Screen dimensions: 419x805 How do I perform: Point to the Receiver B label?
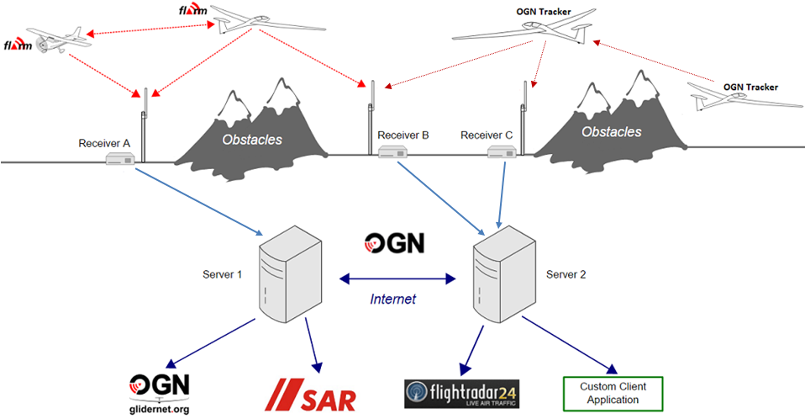(403, 135)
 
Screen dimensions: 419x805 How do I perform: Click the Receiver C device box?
(502, 152)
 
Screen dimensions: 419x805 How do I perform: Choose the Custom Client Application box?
(612, 392)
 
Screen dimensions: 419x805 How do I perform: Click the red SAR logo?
(308, 393)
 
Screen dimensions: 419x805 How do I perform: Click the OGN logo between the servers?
(394, 244)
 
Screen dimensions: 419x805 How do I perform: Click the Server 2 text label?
(567, 274)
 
